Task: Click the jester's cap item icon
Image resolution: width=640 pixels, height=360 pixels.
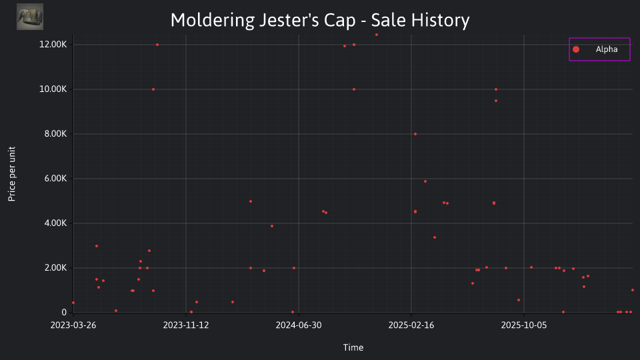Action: tap(30, 17)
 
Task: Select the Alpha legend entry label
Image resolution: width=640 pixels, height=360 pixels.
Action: tap(607, 49)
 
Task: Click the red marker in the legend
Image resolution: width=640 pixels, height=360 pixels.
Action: tap(576, 49)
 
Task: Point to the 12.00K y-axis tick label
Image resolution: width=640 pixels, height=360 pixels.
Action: tap(53, 45)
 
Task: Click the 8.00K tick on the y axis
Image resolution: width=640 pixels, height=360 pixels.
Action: tap(55, 134)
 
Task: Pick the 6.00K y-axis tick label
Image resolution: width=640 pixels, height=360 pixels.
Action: tap(55, 179)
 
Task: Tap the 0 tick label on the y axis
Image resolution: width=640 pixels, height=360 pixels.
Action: tap(64, 312)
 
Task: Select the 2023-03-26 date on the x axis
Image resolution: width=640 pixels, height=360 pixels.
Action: tap(73, 325)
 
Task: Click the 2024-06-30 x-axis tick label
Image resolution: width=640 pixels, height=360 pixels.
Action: tap(299, 325)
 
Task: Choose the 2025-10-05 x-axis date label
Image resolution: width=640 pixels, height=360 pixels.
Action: tap(524, 325)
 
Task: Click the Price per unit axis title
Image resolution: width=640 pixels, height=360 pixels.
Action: tap(12, 174)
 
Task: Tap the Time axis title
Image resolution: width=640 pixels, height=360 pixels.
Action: tap(353, 347)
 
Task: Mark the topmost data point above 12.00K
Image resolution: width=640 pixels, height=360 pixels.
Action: tap(376, 35)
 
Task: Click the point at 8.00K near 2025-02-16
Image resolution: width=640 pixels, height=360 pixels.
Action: tap(415, 134)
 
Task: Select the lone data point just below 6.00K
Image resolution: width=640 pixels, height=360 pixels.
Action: tap(425, 181)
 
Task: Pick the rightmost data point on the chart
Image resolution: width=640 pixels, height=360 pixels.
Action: tap(632, 290)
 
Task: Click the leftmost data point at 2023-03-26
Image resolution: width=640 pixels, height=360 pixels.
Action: tap(73, 303)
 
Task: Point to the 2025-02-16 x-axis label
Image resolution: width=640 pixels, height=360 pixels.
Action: tap(411, 325)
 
